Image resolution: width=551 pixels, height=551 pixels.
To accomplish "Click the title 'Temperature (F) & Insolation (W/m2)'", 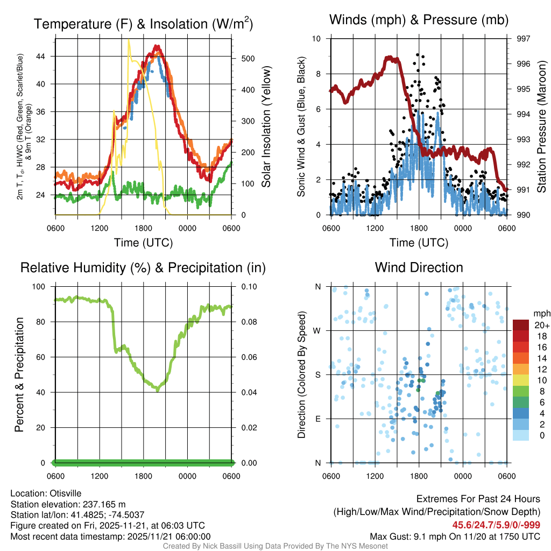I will click(143, 23).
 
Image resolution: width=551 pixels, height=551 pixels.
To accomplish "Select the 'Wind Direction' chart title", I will click(419, 267).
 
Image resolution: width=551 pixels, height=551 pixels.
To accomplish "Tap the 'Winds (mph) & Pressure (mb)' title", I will click(419, 20).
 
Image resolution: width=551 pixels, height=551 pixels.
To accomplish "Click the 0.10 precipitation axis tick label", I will click(248, 286).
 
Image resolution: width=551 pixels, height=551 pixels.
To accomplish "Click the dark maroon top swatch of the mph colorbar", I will click(521, 325).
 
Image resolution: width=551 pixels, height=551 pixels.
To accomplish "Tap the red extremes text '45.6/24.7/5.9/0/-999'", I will click(496, 525).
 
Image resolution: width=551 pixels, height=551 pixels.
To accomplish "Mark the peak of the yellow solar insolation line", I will click(129, 40).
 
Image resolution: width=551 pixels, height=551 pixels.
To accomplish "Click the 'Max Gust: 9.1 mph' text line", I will click(455, 536).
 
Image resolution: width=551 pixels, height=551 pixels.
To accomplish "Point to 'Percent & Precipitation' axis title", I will click(20, 375).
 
